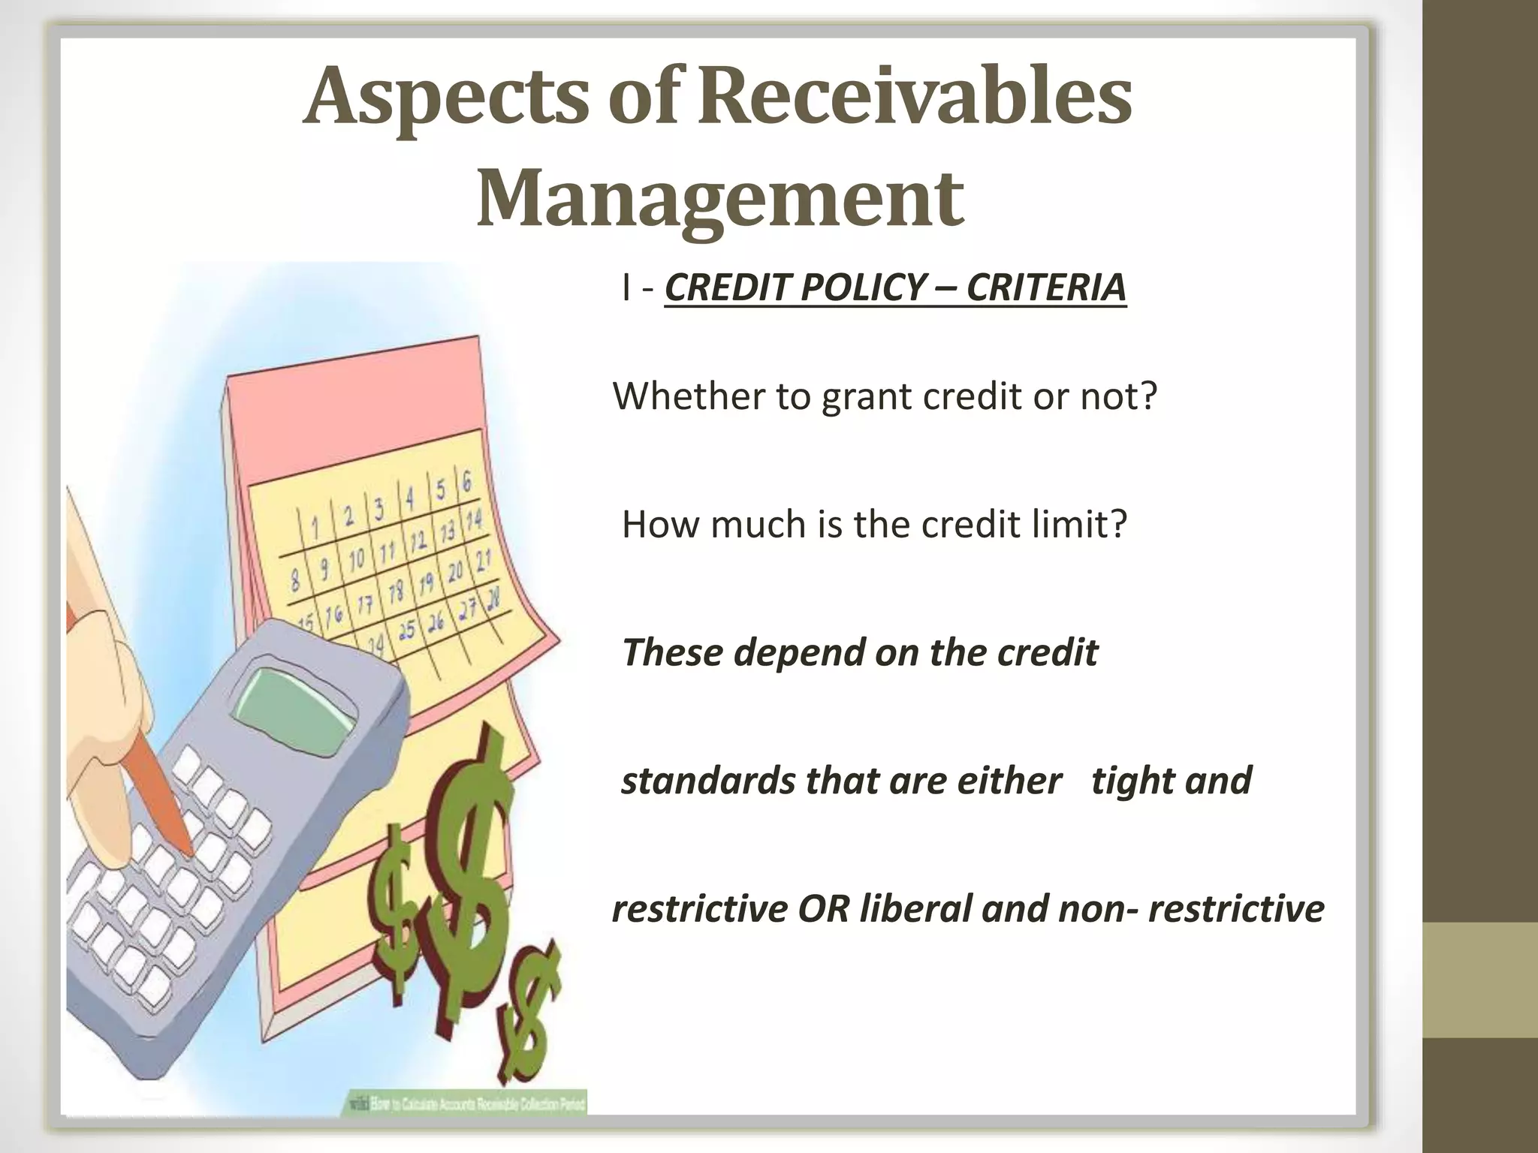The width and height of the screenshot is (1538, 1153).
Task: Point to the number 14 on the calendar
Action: point(474,519)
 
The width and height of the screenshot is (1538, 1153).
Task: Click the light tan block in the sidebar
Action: point(1480,980)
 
